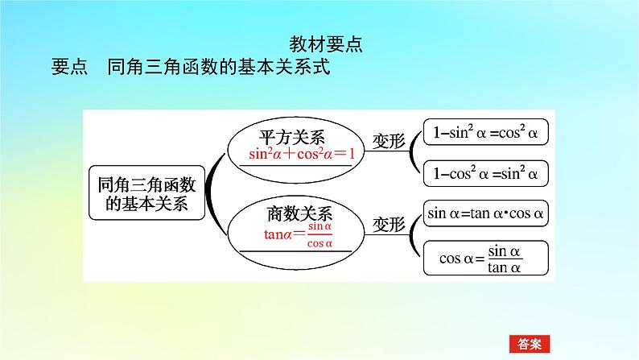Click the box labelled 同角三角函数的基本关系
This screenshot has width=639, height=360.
tap(146, 193)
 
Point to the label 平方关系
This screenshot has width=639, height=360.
tap(291, 134)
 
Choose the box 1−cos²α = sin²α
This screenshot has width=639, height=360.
tap(485, 172)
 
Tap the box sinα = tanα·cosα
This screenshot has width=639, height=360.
tap(485, 214)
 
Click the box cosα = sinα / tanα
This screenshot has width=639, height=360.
tap(485, 259)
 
